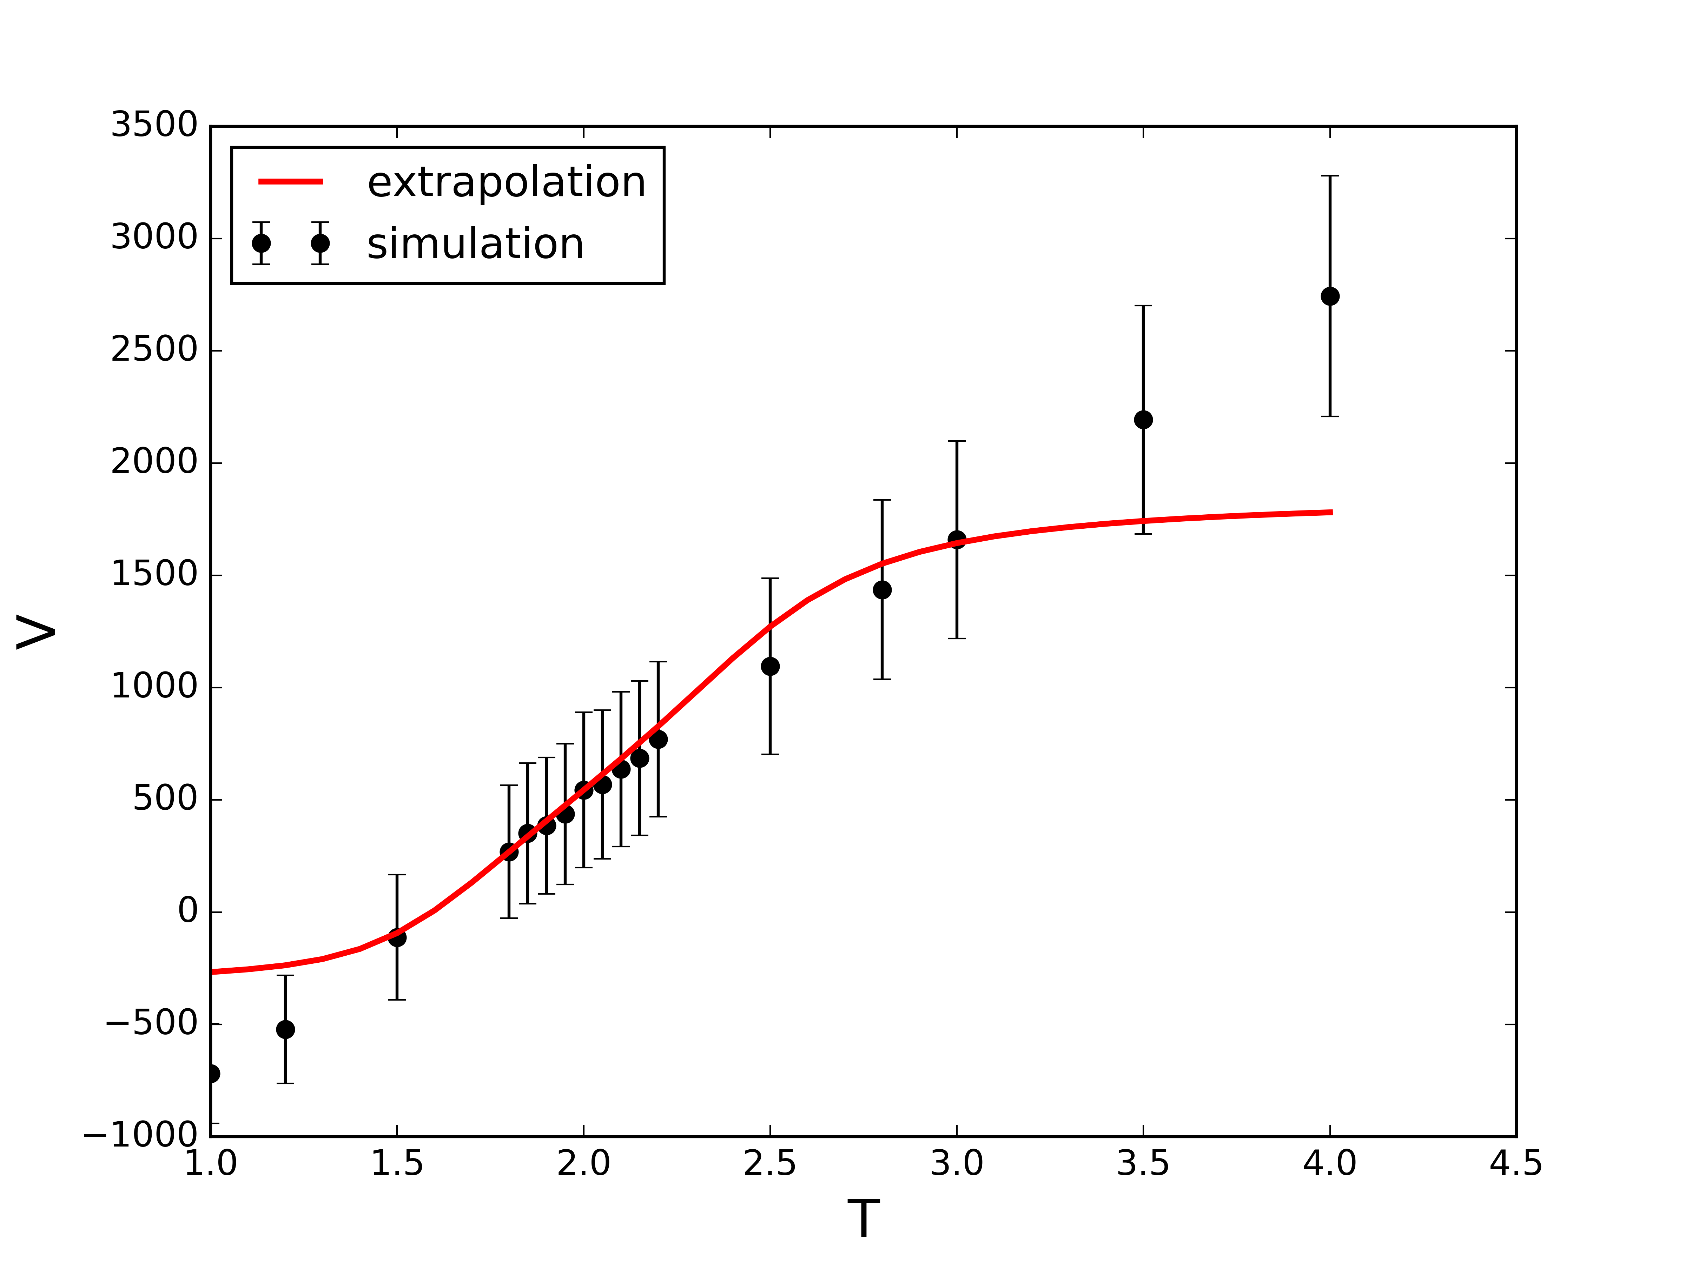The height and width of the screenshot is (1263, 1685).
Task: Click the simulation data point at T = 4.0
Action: [x=1330, y=296]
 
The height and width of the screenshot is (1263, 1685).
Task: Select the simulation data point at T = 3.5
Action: [x=1143, y=420]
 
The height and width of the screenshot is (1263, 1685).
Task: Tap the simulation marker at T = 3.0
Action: [x=957, y=540]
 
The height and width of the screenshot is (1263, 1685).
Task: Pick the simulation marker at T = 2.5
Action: [x=770, y=666]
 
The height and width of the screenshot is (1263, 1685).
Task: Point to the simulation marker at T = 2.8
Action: [x=882, y=590]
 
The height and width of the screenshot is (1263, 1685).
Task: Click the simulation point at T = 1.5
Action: [x=397, y=938]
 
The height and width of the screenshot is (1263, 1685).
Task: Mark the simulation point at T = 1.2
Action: [x=285, y=1029]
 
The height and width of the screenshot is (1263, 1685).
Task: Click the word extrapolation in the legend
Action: [x=506, y=183]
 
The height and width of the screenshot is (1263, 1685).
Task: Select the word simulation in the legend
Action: [x=475, y=245]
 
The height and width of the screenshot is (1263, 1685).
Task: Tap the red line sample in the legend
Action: [x=291, y=181]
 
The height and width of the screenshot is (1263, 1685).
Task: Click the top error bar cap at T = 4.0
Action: [x=1330, y=176]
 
